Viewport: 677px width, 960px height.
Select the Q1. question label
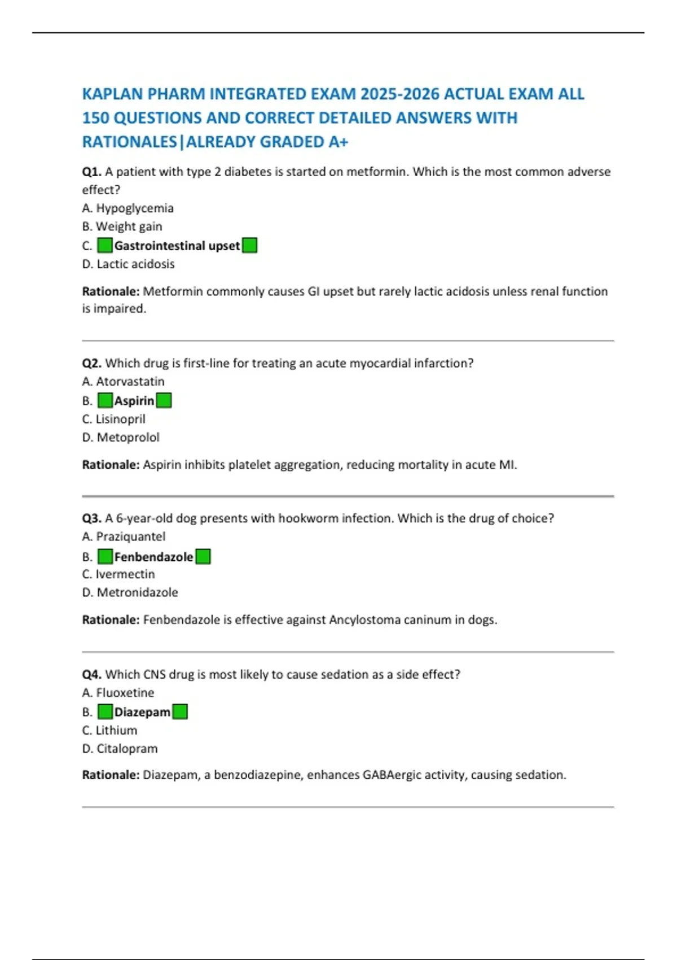coord(91,172)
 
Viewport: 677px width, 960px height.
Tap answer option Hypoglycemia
coord(134,208)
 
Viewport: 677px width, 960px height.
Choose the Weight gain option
coord(129,226)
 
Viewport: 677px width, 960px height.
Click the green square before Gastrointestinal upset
coord(105,246)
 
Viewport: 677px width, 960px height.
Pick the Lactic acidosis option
coord(135,264)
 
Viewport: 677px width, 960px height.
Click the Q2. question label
coord(91,363)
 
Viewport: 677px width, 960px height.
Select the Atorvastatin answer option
coord(130,382)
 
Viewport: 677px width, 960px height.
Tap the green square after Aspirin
coord(164,401)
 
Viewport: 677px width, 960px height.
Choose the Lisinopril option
coord(120,419)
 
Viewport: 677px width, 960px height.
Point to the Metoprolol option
coord(128,437)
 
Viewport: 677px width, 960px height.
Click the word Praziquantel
coord(130,536)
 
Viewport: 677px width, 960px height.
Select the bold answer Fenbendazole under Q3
coord(153,557)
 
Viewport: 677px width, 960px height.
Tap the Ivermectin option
coord(125,574)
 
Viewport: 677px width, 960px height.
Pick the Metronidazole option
coord(137,592)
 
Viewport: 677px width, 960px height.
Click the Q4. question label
coord(91,674)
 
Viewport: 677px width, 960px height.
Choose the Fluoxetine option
coord(125,693)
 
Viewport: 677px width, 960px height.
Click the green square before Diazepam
coord(105,712)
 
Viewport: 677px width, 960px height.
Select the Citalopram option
coord(127,749)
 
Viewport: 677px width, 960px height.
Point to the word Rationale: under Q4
coord(111,775)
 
